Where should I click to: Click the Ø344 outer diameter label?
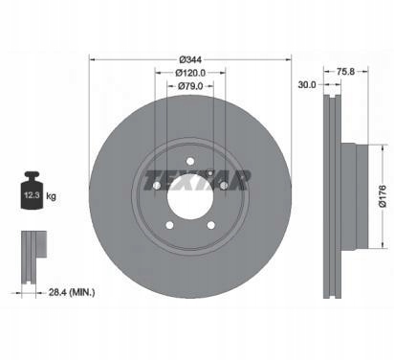coord(190,59)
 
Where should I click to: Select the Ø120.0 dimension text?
coord(190,73)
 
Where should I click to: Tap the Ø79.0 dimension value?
coord(190,86)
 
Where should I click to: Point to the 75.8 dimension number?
coord(345,72)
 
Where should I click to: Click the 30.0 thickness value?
coord(307,85)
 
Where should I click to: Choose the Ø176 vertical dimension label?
coord(383,196)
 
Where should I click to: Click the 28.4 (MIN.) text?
coord(72,292)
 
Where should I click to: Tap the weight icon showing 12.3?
coord(32,191)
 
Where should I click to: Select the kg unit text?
coord(51,195)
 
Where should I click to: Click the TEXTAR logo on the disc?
coord(197,180)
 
